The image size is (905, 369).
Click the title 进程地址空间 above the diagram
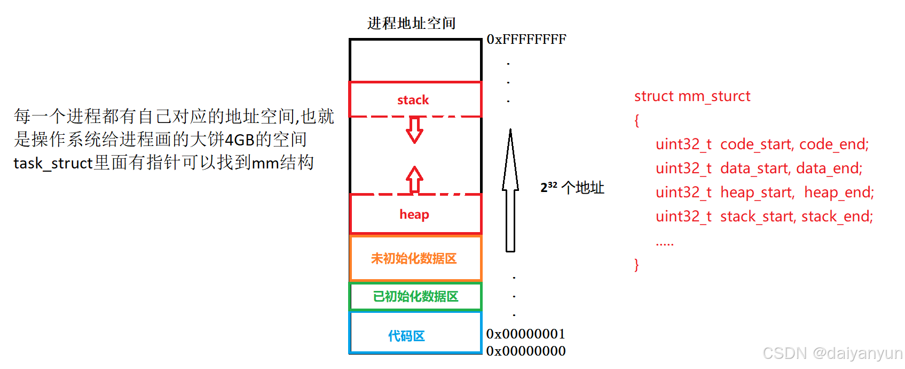pos(411,23)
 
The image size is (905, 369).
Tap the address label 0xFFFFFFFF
pos(526,39)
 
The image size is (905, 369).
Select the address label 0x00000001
pos(525,334)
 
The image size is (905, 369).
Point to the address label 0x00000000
pos(525,351)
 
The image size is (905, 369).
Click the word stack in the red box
pos(413,100)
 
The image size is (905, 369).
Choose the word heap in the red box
pos(414,214)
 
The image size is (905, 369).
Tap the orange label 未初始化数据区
pos(414,259)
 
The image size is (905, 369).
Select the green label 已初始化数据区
pos(415,296)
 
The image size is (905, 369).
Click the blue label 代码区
pos(406,336)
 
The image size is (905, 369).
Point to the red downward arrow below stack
pos(414,130)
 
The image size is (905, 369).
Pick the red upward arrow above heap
pos(414,179)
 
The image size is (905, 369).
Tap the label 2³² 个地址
pos(572,188)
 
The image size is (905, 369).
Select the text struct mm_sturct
pos(692,96)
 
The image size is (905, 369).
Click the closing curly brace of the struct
pos(636,265)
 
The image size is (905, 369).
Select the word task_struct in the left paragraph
pos(53,163)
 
